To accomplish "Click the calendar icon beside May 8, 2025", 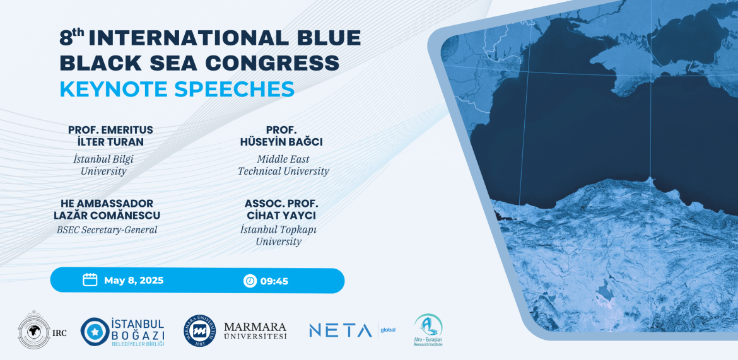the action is (x=90, y=280).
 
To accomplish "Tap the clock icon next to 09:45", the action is (x=250, y=281).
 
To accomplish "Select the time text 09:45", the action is (x=274, y=281).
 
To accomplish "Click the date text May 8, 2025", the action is (x=134, y=281).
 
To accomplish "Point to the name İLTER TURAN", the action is (x=110, y=142).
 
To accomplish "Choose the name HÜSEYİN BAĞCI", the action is (x=281, y=142).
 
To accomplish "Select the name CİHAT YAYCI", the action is (x=281, y=216).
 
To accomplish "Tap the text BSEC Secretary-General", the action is (x=107, y=230).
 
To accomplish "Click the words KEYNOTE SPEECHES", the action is (x=177, y=89).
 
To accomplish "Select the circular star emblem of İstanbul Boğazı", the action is (x=95, y=332).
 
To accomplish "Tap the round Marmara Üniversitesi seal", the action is (x=200, y=331).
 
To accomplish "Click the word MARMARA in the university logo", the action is (x=255, y=327).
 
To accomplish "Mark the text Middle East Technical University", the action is (x=283, y=165).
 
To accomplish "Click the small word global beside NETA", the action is (x=389, y=330).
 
